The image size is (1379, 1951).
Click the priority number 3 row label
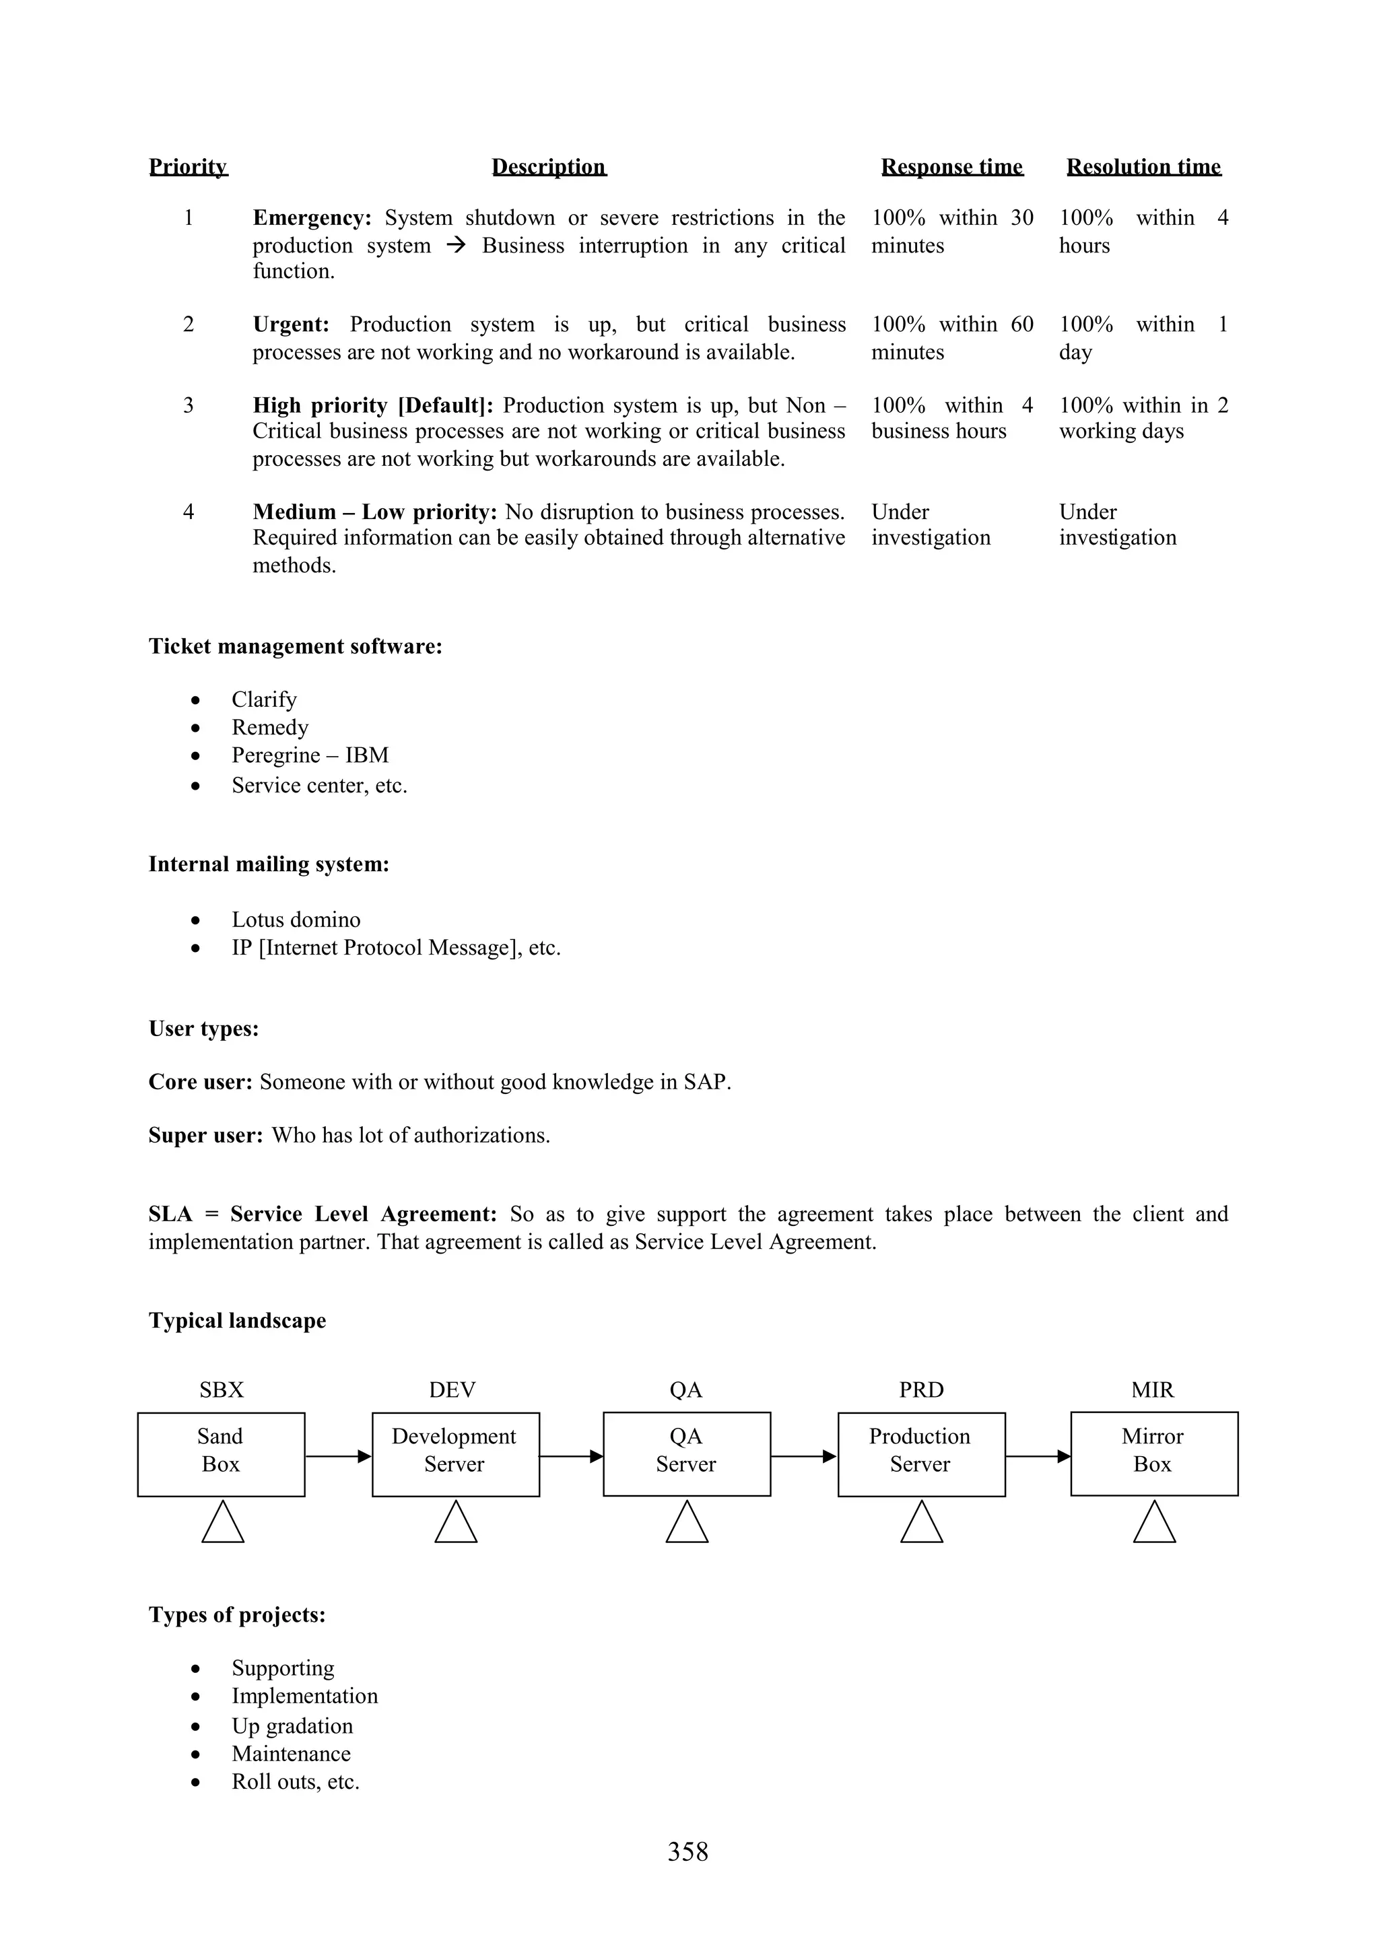189,405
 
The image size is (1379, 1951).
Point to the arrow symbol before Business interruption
457,246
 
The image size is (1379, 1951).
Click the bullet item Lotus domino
296,920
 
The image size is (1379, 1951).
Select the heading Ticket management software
295,647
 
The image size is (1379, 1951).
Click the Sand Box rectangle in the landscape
221,1454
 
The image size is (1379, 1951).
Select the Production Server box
921,1454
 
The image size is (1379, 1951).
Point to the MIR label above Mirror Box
1152,1390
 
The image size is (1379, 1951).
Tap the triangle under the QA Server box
687,1524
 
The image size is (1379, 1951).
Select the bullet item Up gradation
292,1726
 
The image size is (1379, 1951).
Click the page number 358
687,1851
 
